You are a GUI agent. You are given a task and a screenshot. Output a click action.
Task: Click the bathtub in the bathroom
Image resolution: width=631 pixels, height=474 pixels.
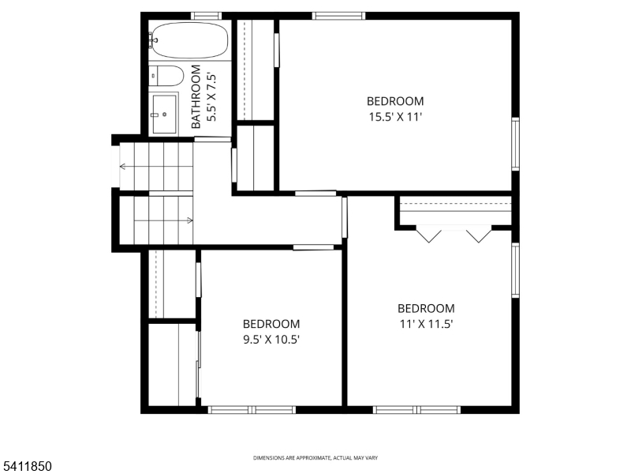click(x=189, y=39)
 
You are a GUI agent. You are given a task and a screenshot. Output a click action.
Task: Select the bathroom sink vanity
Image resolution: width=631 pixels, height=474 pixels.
click(x=165, y=113)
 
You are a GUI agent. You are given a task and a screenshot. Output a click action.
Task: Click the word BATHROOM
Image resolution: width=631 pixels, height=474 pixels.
click(x=196, y=97)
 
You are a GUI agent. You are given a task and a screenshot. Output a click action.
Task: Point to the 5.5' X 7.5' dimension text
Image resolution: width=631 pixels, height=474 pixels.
click(x=211, y=97)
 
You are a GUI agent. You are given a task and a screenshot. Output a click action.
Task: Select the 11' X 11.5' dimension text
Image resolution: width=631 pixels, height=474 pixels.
click(x=425, y=323)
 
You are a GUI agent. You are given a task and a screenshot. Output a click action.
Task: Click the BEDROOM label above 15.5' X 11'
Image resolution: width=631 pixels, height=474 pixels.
click(x=394, y=101)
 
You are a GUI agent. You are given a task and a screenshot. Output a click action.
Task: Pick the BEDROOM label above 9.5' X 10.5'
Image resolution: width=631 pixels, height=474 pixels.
click(x=271, y=324)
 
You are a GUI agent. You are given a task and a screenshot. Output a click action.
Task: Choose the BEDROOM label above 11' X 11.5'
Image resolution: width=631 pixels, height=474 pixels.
click(x=425, y=309)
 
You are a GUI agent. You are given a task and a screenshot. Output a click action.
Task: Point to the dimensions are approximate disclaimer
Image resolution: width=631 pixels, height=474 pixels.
click(x=315, y=458)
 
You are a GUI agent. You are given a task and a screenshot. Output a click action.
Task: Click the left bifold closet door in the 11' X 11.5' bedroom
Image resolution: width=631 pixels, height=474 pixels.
click(x=429, y=235)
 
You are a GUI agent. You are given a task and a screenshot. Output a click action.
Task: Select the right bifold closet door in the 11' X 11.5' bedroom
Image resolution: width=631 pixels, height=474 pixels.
click(x=479, y=235)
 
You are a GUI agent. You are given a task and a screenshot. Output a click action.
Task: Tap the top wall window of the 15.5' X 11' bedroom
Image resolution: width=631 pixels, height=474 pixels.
click(x=338, y=15)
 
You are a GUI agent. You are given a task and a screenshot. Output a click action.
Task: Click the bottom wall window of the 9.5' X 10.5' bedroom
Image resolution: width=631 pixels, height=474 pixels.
click(x=252, y=409)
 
